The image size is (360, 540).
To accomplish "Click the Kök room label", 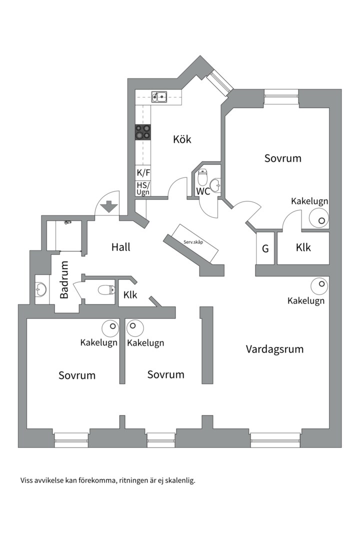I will tap(182, 139).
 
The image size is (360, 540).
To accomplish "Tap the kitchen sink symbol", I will tap(159, 96).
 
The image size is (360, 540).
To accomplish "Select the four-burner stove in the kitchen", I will tap(142, 131).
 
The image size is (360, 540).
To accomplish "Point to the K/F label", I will tap(143, 173).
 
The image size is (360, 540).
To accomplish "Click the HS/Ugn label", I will tap(143, 188).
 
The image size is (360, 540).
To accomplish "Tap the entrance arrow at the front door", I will tap(108, 206).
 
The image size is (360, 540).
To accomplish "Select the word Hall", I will tap(121, 246).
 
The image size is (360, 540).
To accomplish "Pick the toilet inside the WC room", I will tap(202, 177).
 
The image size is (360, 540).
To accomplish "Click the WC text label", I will tap(202, 191).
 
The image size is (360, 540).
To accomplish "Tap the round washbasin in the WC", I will tap(215, 185).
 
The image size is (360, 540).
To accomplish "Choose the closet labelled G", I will tap(265, 248).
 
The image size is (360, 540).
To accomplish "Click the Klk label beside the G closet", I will tap(303, 247).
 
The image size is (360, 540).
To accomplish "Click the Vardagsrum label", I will tap(274, 349).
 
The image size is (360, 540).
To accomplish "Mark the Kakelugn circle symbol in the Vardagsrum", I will tap(319, 286).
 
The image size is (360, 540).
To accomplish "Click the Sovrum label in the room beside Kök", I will tap(283, 158).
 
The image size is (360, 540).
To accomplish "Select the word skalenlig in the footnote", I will tap(179, 480).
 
